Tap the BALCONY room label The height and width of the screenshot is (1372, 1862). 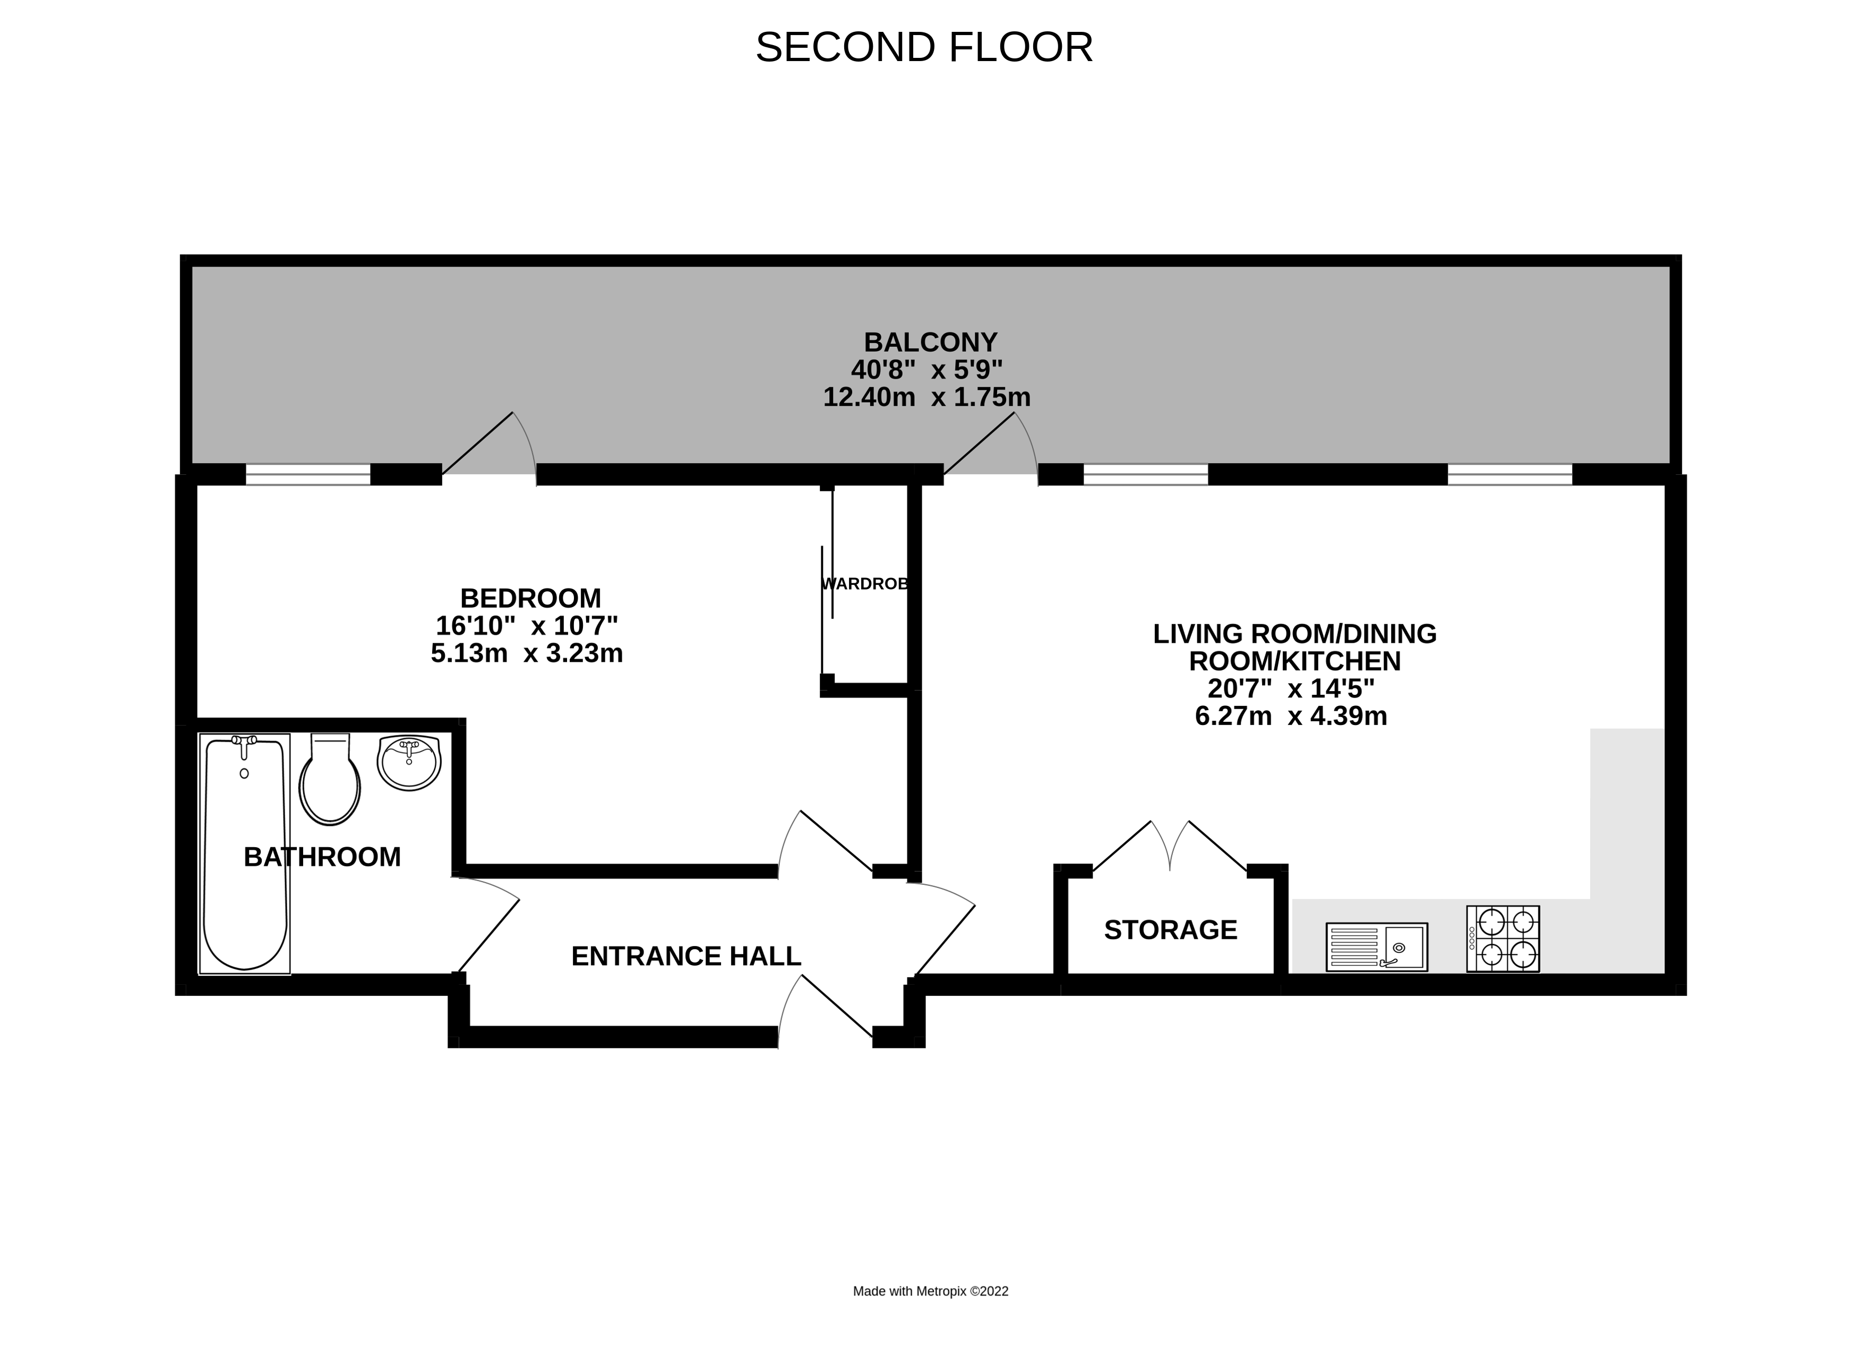[x=930, y=342]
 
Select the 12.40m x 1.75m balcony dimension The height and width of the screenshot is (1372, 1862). [x=926, y=397]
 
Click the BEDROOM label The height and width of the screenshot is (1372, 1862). [x=530, y=598]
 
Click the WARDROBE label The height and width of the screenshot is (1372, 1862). [x=865, y=584]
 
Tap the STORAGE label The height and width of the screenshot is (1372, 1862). [x=1171, y=930]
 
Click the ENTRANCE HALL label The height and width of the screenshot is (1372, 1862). [x=685, y=957]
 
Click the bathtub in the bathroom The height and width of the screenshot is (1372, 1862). [x=245, y=855]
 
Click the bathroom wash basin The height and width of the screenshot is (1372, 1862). [x=408, y=762]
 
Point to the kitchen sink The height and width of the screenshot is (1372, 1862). [x=1376, y=947]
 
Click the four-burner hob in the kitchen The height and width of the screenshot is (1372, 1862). [x=1503, y=939]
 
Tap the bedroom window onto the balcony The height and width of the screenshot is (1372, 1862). [x=308, y=475]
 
